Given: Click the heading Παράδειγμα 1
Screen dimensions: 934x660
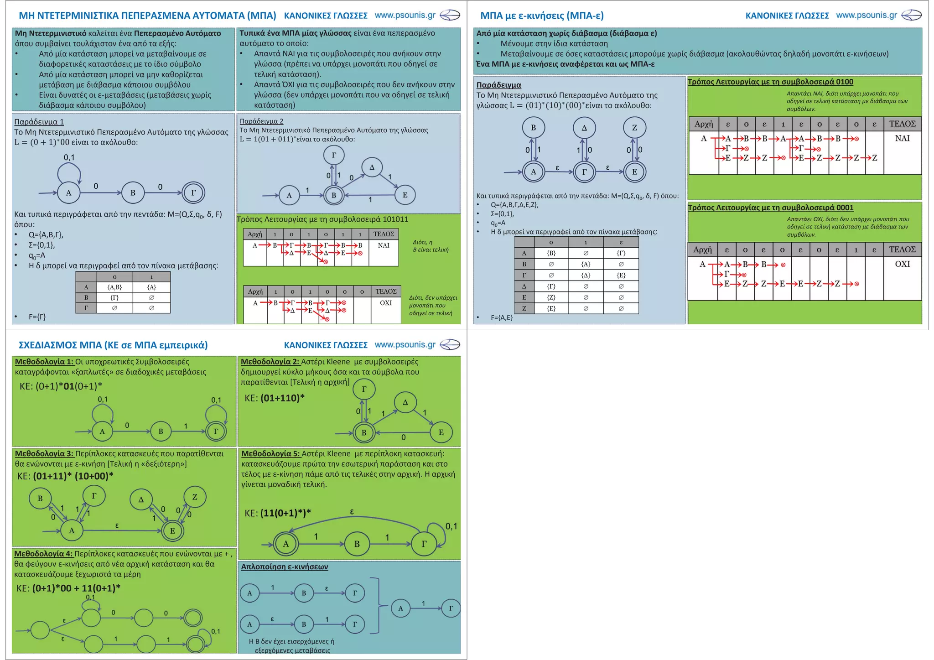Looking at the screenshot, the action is (x=39, y=122).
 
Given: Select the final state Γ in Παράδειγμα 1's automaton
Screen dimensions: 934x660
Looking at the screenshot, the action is (x=193, y=192).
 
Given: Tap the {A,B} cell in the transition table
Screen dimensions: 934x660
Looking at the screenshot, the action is (x=114, y=287).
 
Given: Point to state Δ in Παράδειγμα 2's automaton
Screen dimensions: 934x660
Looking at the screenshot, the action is (x=372, y=167).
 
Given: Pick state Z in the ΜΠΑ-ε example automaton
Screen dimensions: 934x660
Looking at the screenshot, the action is (x=634, y=128).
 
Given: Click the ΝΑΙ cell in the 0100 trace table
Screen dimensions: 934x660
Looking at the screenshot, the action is (x=902, y=138).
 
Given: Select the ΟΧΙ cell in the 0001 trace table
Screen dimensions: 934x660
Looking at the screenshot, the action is (x=902, y=264).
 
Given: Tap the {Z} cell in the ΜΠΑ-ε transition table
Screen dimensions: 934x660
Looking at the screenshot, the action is (x=551, y=297).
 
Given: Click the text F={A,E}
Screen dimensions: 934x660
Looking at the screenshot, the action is (x=502, y=317).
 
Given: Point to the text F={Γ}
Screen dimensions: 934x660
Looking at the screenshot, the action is (x=37, y=317).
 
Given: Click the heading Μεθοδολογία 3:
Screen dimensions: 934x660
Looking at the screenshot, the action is (x=44, y=454).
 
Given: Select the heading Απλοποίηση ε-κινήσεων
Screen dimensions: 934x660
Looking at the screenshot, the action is (x=285, y=567).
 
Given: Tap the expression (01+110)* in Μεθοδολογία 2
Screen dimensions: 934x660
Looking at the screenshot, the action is (x=282, y=398).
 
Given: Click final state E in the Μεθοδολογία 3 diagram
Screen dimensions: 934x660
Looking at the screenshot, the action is (x=172, y=530).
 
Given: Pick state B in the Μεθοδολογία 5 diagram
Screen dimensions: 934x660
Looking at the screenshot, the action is (x=357, y=544).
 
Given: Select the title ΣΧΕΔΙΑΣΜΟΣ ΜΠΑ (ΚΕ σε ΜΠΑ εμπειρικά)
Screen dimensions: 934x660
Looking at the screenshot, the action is (x=113, y=345).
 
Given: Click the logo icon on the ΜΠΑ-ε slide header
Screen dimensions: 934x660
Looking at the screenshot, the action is (x=911, y=16).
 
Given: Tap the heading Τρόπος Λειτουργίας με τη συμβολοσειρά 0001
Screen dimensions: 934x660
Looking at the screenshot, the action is (x=770, y=208).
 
